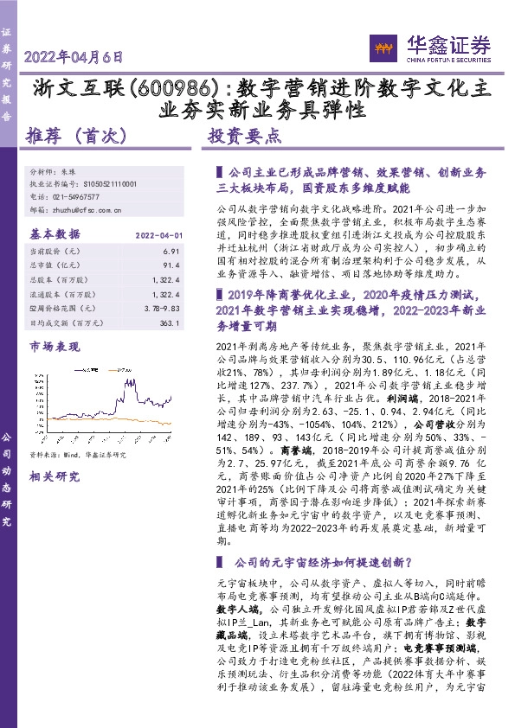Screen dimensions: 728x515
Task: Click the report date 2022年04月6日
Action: [75, 58]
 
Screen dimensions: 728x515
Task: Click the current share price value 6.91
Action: [171, 250]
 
